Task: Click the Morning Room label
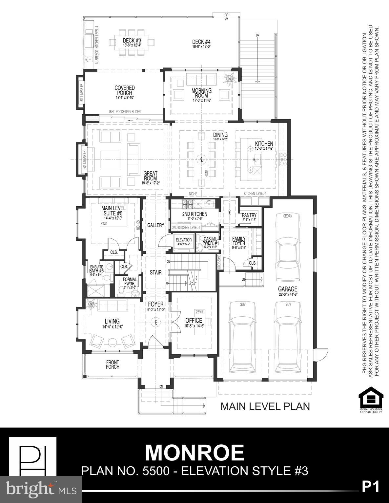(201, 93)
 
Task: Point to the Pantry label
(249, 215)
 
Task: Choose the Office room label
(194, 320)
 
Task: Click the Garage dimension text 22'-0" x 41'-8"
(287, 294)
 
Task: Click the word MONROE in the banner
(194, 453)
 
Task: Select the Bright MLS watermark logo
(41, 490)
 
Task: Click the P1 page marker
(371, 487)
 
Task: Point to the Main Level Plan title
(265, 406)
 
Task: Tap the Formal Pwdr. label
(130, 281)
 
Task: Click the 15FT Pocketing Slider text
(124, 112)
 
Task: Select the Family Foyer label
(239, 241)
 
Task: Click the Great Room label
(150, 176)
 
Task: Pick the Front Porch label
(113, 364)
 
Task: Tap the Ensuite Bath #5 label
(97, 269)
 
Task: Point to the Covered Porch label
(125, 90)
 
